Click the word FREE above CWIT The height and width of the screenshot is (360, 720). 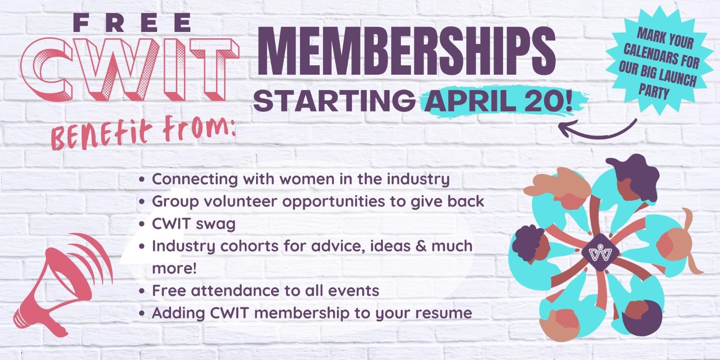[132, 23]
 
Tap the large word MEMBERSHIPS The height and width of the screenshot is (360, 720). [407, 51]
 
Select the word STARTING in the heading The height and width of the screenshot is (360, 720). [334, 101]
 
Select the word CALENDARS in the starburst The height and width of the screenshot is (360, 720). [661, 57]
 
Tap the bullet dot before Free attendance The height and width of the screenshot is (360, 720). [142, 292]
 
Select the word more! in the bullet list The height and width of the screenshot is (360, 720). [174, 268]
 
